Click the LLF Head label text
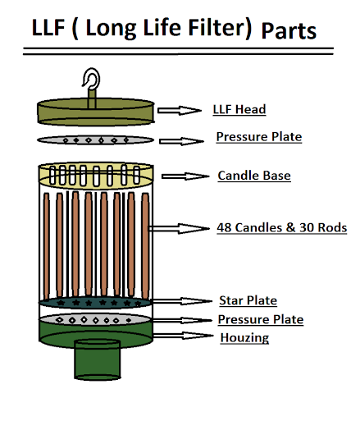[x=239, y=109]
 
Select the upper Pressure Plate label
[x=258, y=136]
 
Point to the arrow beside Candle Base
[x=185, y=176]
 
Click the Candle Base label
[x=254, y=176]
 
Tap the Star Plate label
[x=248, y=300]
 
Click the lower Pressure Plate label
[x=260, y=319]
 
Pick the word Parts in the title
[x=289, y=31]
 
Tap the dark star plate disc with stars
[x=95, y=303]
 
